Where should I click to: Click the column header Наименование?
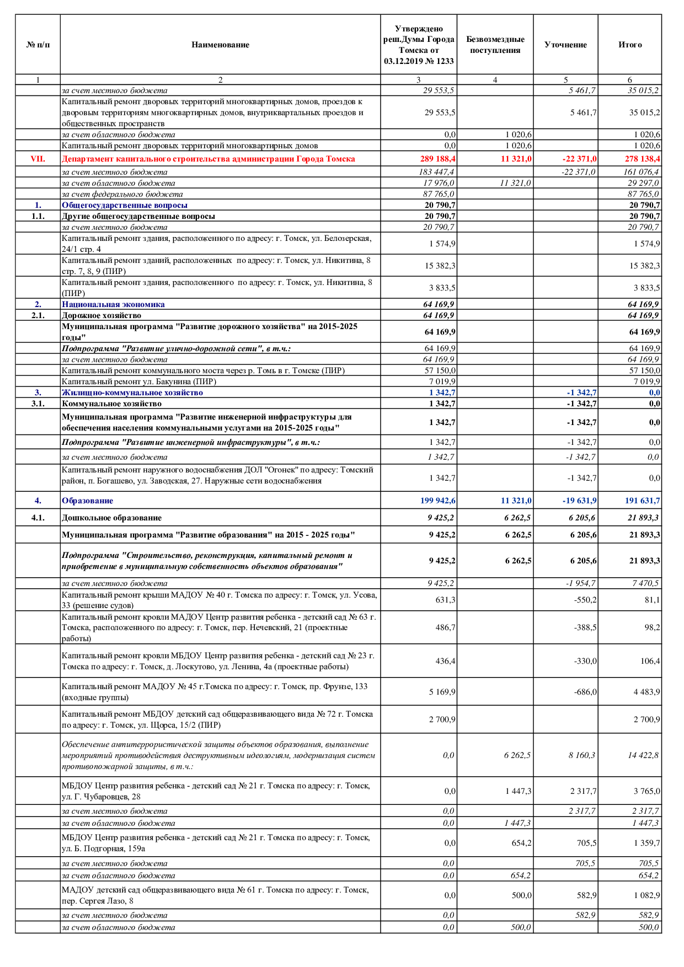pyautogui.click(x=220, y=45)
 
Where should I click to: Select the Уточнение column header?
pyautogui.click(x=565, y=45)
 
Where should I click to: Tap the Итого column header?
pyautogui.click(x=630, y=45)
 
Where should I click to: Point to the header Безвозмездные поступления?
pyautogui.click(x=495, y=45)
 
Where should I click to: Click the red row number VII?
pyautogui.click(x=38, y=159)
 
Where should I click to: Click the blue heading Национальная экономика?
pyautogui.click(x=113, y=304)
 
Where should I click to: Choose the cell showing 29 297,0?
pyautogui.click(x=643, y=183)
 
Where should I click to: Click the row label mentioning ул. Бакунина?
pyautogui.click(x=139, y=382)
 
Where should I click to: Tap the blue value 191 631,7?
pyautogui.click(x=642, y=501)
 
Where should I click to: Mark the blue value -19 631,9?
pyautogui.click(x=579, y=501)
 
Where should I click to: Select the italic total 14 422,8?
pyautogui.click(x=643, y=755)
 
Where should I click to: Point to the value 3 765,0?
pyautogui.click(x=646, y=791)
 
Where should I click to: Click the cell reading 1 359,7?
pyautogui.click(x=646, y=843)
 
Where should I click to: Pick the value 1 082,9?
pyautogui.click(x=646, y=895)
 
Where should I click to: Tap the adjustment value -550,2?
pyautogui.click(x=585, y=600)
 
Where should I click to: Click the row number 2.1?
pyautogui.click(x=38, y=315)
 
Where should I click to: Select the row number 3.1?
pyautogui.click(x=38, y=404)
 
